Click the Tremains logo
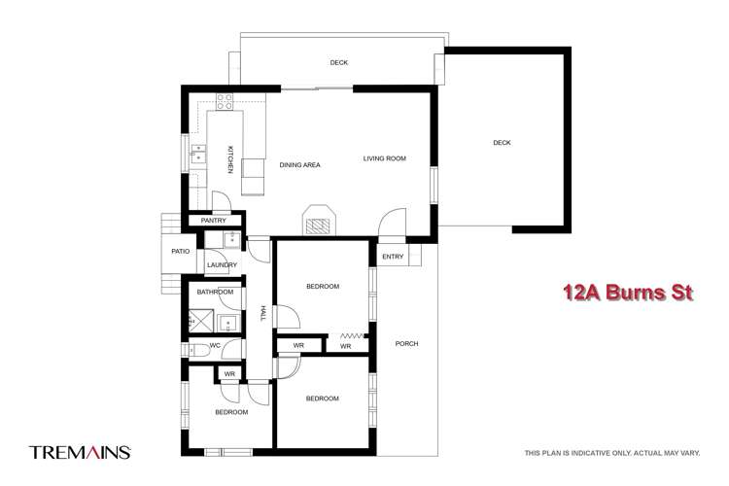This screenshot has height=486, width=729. click(x=80, y=452)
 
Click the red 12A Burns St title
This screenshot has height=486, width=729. click(x=628, y=293)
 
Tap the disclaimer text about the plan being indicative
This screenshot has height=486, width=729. click(x=612, y=453)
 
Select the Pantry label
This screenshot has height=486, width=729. click(x=214, y=221)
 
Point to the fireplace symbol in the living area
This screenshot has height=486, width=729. click(x=319, y=220)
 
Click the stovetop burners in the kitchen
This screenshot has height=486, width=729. click(x=225, y=101)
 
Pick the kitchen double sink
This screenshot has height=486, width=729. click(x=198, y=154)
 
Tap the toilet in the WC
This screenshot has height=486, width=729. click(x=198, y=350)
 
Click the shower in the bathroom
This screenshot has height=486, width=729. click(x=201, y=321)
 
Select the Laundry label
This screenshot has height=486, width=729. click(x=223, y=265)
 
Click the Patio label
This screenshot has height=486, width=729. click(x=181, y=251)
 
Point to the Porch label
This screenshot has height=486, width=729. click(x=407, y=344)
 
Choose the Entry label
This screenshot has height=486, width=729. click(x=393, y=257)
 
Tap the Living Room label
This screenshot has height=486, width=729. click(x=385, y=158)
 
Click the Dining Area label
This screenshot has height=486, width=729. click(x=300, y=165)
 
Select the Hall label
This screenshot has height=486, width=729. click(x=262, y=313)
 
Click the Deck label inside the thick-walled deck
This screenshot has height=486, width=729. click(x=502, y=143)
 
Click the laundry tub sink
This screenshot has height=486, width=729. click(x=231, y=240)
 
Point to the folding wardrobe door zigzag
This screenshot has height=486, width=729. click(x=353, y=335)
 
